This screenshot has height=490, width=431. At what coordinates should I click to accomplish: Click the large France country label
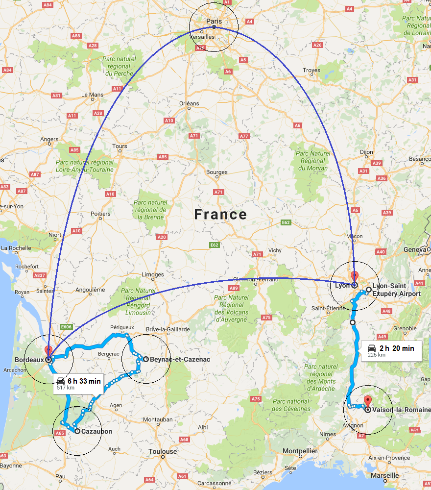[220, 215]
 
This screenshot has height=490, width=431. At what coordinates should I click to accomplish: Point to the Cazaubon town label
[96, 432]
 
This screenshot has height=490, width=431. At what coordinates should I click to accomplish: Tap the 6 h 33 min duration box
[78, 383]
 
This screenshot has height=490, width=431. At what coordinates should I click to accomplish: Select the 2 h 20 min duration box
[391, 351]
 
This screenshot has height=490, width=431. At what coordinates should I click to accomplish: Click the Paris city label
[214, 21]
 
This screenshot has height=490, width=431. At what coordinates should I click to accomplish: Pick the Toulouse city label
[163, 451]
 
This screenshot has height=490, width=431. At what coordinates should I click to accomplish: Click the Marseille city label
[384, 476]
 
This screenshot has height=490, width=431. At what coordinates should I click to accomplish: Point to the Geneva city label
[414, 249]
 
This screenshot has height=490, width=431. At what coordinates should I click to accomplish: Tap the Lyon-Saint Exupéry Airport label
[397, 290]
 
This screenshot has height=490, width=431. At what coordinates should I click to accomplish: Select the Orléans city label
[190, 103]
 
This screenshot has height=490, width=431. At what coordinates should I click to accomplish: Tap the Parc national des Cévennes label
[290, 405]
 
